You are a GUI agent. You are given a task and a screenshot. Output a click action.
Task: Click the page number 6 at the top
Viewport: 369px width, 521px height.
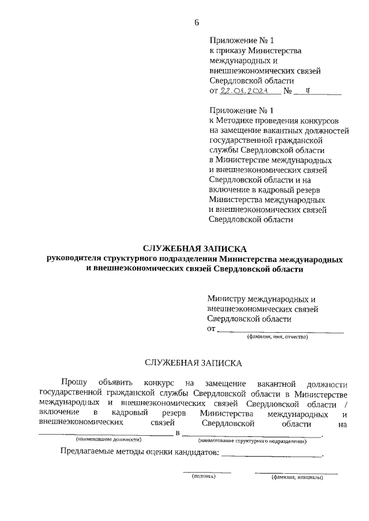(196, 22)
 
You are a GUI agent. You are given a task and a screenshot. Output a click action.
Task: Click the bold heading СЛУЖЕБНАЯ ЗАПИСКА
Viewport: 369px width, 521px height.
(195, 249)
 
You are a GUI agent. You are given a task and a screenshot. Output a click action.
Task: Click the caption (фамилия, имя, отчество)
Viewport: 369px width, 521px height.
(278, 337)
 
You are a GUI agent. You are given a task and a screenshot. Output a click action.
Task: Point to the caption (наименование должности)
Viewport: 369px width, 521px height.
(104, 440)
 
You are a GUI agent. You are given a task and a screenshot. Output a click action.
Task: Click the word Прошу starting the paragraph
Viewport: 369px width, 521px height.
(74, 383)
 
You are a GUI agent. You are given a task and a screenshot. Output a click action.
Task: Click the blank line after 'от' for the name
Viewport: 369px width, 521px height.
(280, 330)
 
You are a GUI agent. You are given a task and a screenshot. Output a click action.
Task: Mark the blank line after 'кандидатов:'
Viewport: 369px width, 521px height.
(272, 455)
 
